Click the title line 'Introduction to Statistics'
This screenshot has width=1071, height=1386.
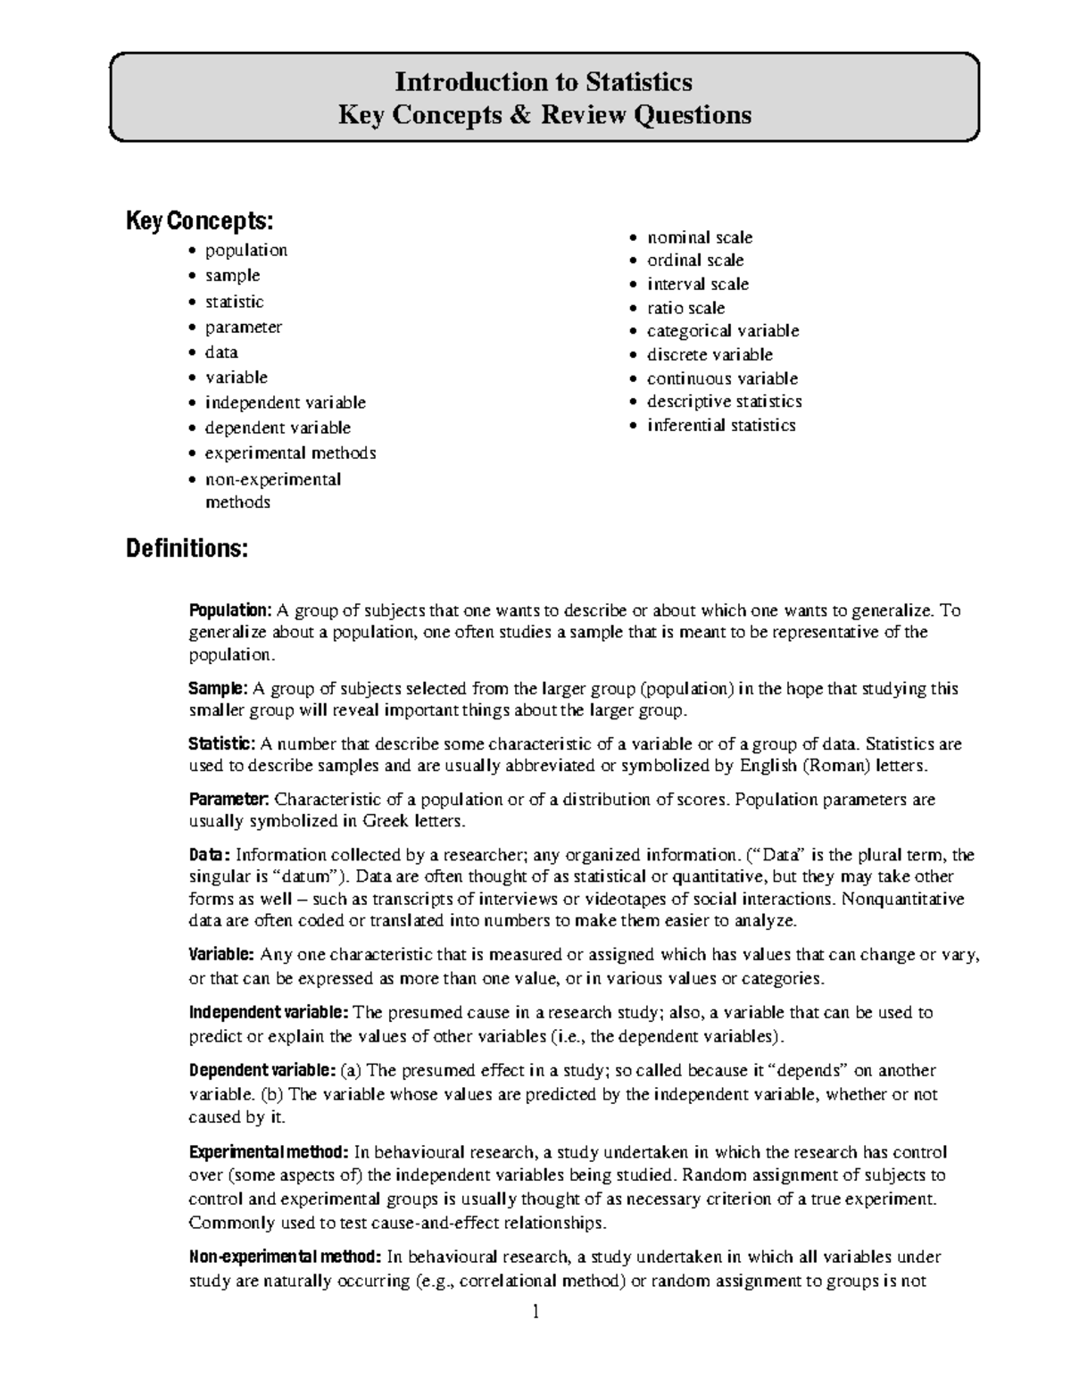point(544,82)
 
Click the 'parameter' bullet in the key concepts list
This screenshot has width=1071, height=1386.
point(243,327)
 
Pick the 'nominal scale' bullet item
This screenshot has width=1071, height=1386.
point(699,237)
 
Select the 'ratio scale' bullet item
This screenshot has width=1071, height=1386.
point(685,308)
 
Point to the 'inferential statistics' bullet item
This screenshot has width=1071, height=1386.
point(720,425)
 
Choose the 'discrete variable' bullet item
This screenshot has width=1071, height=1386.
point(710,354)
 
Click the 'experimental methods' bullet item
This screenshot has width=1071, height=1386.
point(290,452)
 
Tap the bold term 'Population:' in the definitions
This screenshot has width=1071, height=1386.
point(229,610)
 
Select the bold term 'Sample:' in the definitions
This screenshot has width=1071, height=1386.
point(218,688)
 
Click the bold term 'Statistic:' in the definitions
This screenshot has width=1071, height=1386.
point(222,743)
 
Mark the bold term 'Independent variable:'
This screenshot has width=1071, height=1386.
point(269,1012)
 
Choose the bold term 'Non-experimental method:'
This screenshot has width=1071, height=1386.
point(285,1257)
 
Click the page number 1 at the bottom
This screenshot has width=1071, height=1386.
point(535,1312)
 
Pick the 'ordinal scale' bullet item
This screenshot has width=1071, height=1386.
point(694,260)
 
